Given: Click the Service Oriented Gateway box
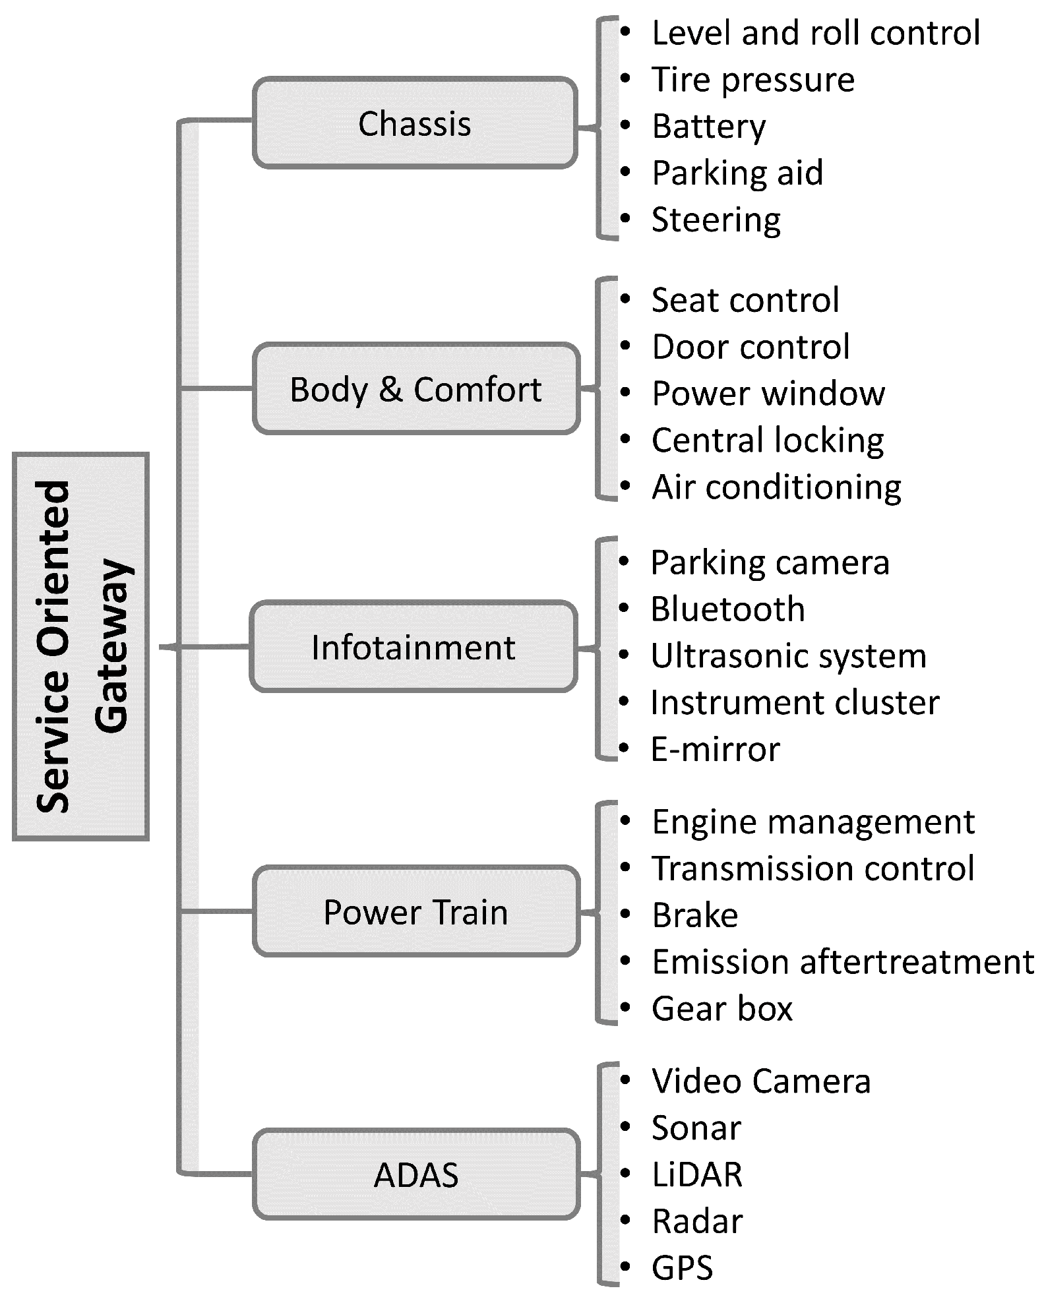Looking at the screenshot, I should pyautogui.click(x=80, y=646).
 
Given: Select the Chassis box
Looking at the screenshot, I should pyautogui.click(x=415, y=123).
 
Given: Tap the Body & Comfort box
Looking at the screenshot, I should pyautogui.click(x=415, y=389).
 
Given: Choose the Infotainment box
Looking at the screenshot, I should pyautogui.click(x=414, y=647).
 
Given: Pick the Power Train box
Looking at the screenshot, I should pyautogui.click(x=415, y=912).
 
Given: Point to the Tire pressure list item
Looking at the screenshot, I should pyautogui.click(x=752, y=80).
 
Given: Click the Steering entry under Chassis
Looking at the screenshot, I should pyautogui.click(x=716, y=220).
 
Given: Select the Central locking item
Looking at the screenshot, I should pyautogui.click(x=767, y=440).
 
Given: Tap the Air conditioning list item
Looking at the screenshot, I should pyautogui.click(x=776, y=487).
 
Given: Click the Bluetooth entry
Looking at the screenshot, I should pyautogui.click(x=727, y=609).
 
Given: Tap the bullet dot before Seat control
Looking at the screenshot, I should pyautogui.click(x=625, y=299).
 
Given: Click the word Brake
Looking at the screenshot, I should pyautogui.click(x=694, y=915).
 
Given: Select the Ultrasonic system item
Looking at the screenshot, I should pyautogui.click(x=788, y=656).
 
